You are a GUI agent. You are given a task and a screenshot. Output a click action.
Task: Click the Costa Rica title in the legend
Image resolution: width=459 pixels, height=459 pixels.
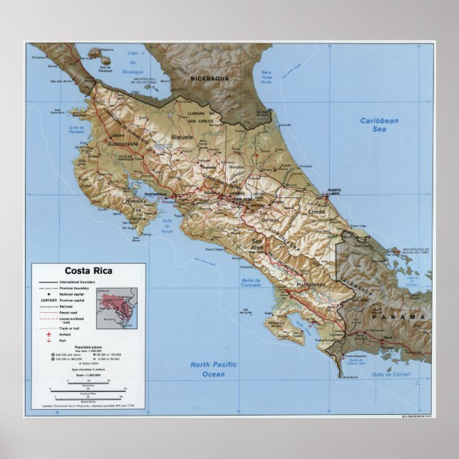click(88, 269)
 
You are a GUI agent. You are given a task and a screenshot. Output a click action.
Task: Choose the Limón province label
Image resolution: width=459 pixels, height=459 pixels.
click(315, 212)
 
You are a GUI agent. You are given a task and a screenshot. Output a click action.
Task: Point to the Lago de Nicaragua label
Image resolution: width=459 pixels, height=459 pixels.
click(131, 57)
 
